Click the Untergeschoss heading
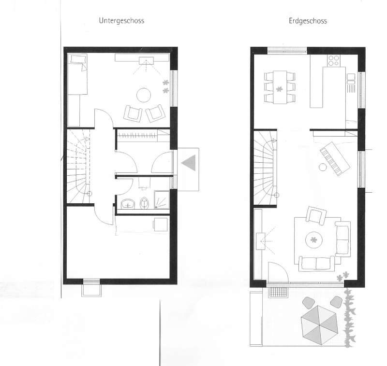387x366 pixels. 121,20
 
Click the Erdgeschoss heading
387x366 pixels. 308,21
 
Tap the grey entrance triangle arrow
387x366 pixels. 189,163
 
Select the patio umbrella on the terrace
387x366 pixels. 319,325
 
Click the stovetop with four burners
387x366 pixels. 334,60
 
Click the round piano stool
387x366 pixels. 323,167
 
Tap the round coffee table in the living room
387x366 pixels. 314,240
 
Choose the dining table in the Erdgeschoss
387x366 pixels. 280,87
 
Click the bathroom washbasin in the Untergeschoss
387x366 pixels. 128,204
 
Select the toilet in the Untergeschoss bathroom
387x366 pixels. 144,203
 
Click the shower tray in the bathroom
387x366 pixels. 162,199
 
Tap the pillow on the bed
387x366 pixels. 78,59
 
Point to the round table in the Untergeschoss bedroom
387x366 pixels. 144,95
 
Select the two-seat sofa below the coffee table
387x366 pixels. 316,264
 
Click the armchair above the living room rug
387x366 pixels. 316,215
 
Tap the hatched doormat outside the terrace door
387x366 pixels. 278,292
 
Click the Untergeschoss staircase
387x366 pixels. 78,166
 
